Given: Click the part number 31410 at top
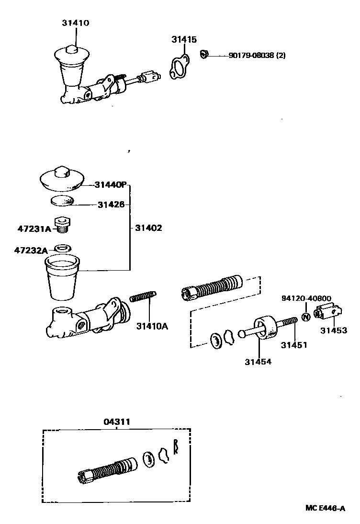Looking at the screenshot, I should [75, 23].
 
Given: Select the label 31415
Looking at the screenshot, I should [184, 40].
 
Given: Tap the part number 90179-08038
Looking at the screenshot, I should [251, 55].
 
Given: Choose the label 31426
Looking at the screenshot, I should [111, 205].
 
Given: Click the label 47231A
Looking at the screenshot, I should [35, 229].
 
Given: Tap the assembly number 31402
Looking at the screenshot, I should [148, 228].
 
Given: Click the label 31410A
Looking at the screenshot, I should [152, 326].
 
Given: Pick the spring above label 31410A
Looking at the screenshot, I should [142, 297].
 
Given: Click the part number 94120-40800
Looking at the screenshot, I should [306, 298].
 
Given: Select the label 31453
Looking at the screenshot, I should [334, 330].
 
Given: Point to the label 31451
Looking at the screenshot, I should [294, 344].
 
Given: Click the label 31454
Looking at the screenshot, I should [258, 362].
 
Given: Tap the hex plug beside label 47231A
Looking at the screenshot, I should [60, 224].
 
